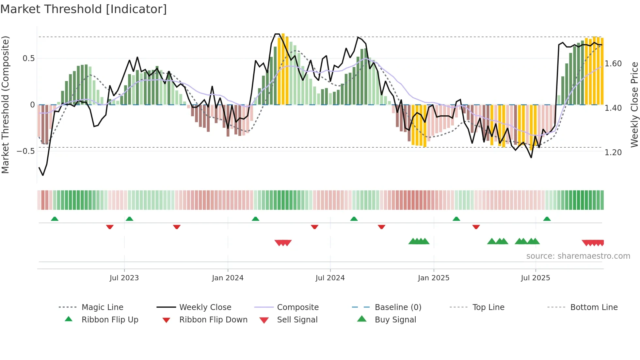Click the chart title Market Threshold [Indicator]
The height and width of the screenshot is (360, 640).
point(84,9)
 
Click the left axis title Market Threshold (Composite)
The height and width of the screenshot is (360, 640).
point(5,105)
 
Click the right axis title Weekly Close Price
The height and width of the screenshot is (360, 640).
point(634,105)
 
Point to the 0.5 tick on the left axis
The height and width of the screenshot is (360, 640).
point(28,58)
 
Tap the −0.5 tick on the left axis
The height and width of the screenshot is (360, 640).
point(26,151)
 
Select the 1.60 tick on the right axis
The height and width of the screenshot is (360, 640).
point(613,64)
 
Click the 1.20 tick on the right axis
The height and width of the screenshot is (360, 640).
point(613,153)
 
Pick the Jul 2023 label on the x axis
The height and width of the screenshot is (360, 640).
point(124,278)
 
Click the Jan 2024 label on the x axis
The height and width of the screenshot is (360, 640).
point(228,278)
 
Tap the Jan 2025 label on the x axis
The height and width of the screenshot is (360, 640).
point(434,278)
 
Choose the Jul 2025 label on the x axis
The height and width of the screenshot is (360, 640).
point(536,278)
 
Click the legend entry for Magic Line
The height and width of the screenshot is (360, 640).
point(102,307)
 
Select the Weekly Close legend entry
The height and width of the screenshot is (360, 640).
point(205,307)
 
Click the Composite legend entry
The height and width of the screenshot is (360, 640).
point(298,307)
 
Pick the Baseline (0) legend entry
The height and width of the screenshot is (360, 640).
point(398,307)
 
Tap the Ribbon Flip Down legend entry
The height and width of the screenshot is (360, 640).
point(213,320)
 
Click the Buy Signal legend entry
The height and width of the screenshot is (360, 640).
point(395,320)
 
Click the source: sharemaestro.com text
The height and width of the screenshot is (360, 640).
point(578,256)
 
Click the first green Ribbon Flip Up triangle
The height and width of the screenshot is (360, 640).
point(55,219)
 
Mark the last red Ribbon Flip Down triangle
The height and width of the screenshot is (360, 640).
point(476,227)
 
